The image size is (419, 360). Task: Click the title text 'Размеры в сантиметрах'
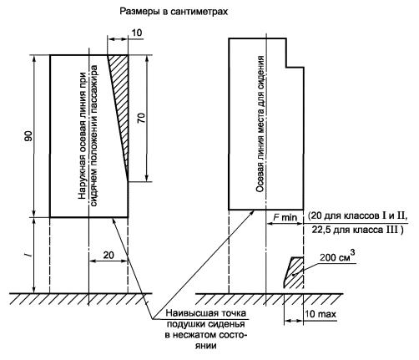(x=174, y=12)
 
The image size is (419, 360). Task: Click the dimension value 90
(x=28, y=136)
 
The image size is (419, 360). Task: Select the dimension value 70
(x=141, y=119)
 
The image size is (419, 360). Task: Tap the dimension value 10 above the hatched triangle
(x=136, y=33)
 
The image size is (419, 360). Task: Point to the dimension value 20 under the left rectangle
(x=109, y=255)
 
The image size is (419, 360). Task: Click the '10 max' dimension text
(x=321, y=314)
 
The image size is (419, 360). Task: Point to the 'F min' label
(x=285, y=217)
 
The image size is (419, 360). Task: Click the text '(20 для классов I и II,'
(x=358, y=215)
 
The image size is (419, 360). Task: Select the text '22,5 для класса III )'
(x=357, y=231)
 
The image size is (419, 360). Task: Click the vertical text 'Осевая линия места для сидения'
(x=260, y=124)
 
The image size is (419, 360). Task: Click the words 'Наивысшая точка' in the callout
(x=206, y=313)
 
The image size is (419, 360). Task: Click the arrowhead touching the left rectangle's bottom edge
(x=114, y=220)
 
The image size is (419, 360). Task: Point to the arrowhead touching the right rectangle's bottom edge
(x=252, y=212)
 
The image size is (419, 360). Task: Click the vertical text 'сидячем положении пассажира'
(x=94, y=135)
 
